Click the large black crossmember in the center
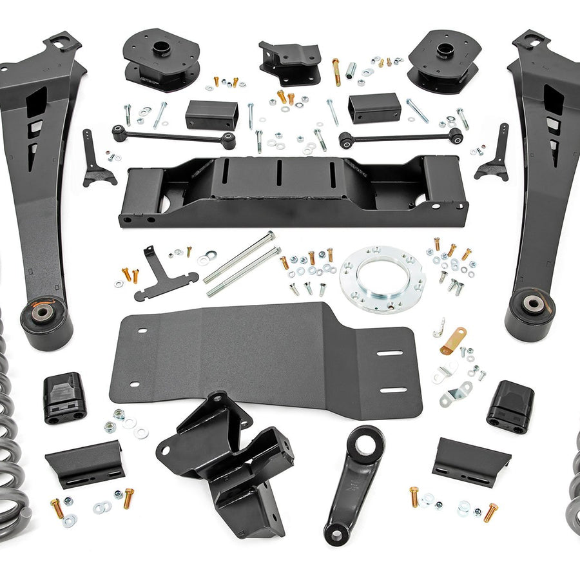pos(293,193)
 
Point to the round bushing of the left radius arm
pos(44,316)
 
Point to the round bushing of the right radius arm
pos(532,304)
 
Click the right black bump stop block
pos(510,406)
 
